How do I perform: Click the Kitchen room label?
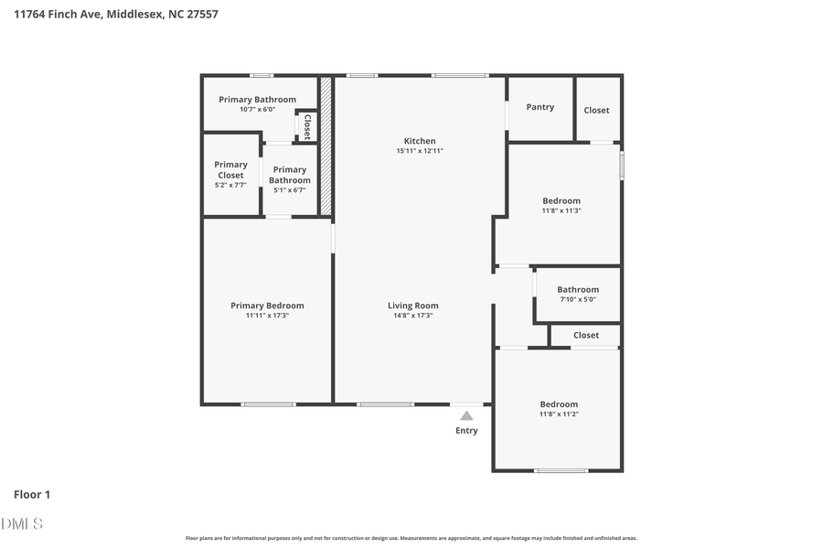(x=420, y=141)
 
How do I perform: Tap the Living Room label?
(x=412, y=306)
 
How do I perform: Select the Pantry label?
(x=540, y=107)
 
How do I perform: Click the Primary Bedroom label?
(x=267, y=306)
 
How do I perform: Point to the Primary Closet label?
(x=230, y=170)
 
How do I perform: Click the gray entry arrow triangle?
(x=466, y=415)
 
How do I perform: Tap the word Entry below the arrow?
(x=466, y=431)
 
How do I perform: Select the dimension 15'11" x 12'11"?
(x=420, y=151)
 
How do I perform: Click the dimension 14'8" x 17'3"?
(x=412, y=316)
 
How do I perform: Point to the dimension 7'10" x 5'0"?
(x=578, y=299)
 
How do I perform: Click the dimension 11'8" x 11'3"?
(x=561, y=210)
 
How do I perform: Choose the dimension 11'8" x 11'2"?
(x=559, y=414)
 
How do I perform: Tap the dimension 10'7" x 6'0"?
(x=257, y=109)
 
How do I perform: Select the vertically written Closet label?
(x=306, y=126)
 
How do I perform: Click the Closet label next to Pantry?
(x=596, y=110)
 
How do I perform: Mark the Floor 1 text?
(x=32, y=494)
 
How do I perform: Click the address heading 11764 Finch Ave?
(x=115, y=14)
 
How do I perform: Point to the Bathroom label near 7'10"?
(x=578, y=289)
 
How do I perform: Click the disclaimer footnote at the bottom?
(x=411, y=539)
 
